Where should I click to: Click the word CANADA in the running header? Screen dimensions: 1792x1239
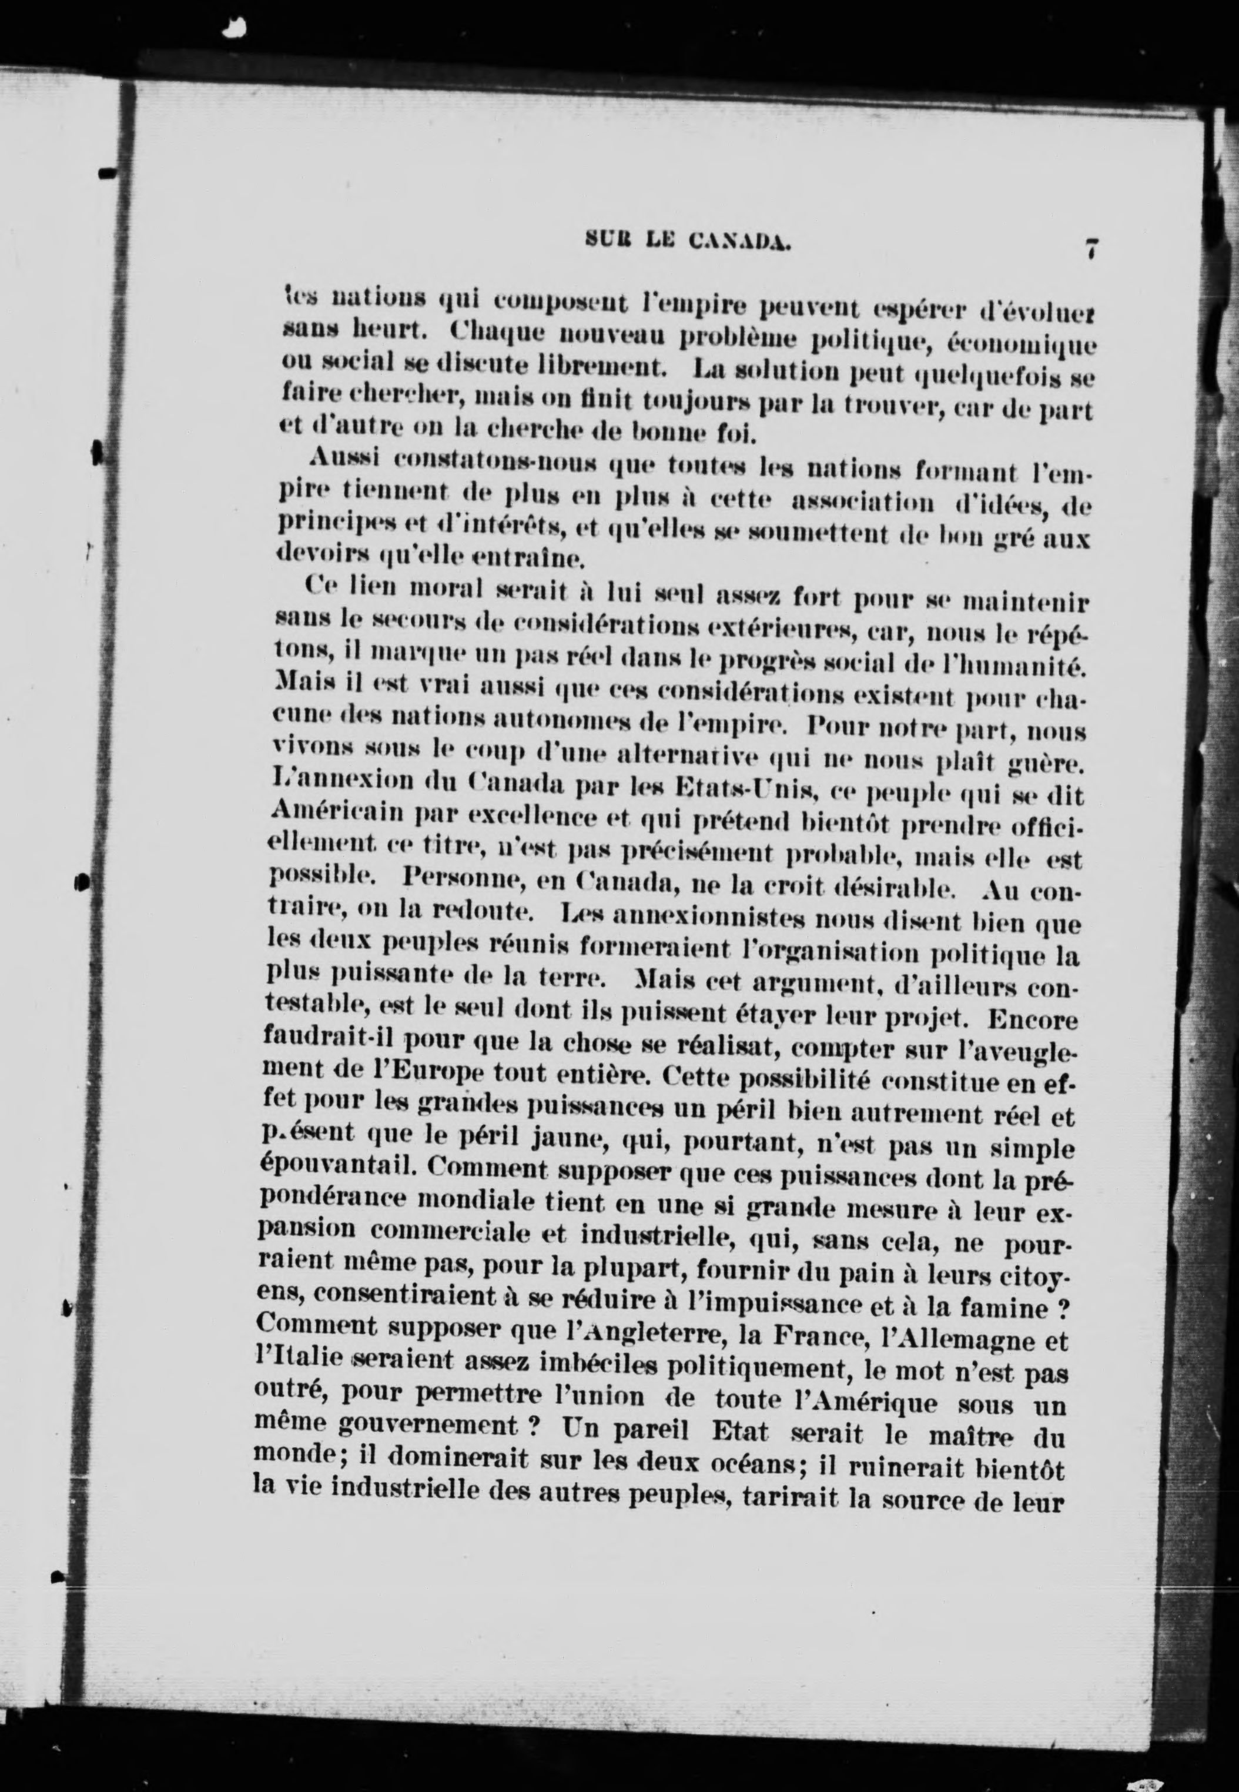pos(740,242)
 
